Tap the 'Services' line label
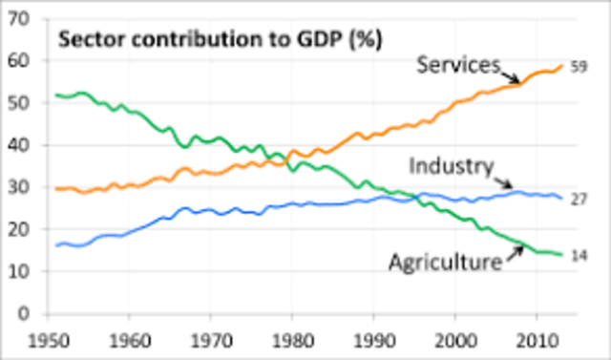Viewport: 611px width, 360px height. coord(458,65)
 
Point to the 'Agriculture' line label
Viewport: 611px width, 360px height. coord(445,261)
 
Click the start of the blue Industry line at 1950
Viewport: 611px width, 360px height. coord(57,245)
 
